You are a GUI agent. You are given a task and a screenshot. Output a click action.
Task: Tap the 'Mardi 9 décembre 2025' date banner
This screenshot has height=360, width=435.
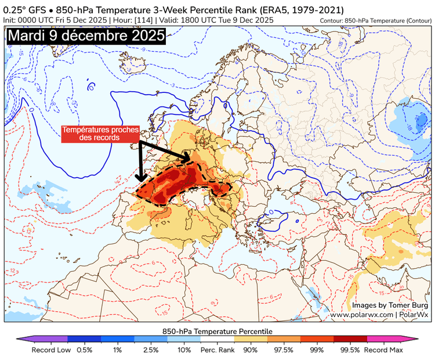[x=86, y=35]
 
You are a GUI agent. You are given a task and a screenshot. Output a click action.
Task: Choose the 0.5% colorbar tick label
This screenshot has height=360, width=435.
[x=85, y=350]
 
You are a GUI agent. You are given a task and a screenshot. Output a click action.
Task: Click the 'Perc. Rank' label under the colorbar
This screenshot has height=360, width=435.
[x=217, y=350]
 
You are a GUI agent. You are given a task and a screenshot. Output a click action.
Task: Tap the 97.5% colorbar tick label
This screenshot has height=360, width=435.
[x=284, y=350]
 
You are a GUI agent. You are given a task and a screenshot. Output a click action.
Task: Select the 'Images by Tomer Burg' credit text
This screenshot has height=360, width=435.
[x=390, y=305]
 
